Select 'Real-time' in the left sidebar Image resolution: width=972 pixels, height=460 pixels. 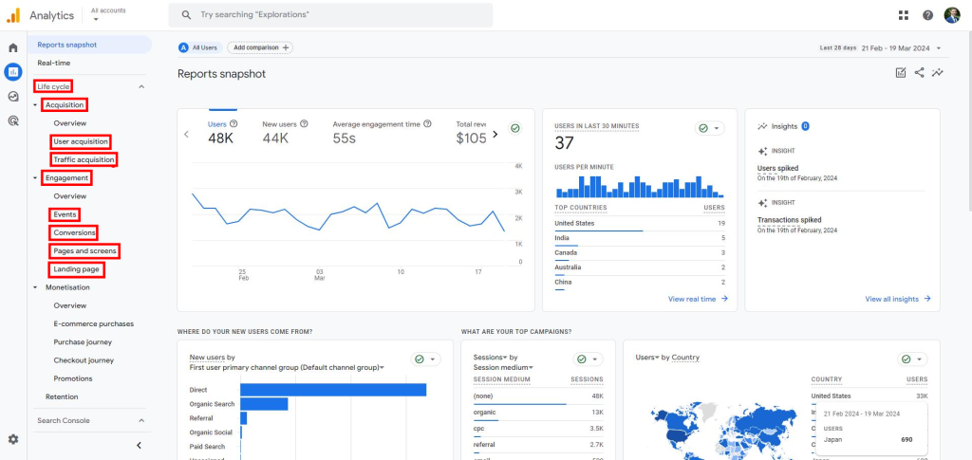point(54,63)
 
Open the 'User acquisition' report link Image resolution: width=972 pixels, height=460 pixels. point(81,141)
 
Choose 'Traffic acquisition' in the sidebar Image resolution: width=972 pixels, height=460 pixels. point(84,159)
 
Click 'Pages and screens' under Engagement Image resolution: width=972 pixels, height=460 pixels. point(85,250)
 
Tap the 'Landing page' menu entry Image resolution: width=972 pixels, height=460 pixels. point(77,269)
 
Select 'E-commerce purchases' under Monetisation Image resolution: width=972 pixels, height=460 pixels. point(94,323)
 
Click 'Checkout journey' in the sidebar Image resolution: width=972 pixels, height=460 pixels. point(84,360)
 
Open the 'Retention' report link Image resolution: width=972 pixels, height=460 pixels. point(62,396)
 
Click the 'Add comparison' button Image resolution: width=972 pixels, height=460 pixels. point(259,47)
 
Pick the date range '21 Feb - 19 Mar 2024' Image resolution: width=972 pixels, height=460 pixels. point(896,47)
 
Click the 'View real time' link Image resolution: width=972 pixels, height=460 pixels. point(698,299)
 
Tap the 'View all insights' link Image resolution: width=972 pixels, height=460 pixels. point(897,299)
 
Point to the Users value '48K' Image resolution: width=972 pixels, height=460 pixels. point(221,138)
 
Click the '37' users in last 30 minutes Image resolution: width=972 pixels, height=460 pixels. point(565,142)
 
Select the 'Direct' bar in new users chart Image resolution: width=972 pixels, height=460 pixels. point(332,389)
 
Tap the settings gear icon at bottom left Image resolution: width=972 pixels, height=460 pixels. point(13,439)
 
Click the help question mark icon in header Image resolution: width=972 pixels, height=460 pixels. point(927,15)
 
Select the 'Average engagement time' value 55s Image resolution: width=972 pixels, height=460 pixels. point(344,138)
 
